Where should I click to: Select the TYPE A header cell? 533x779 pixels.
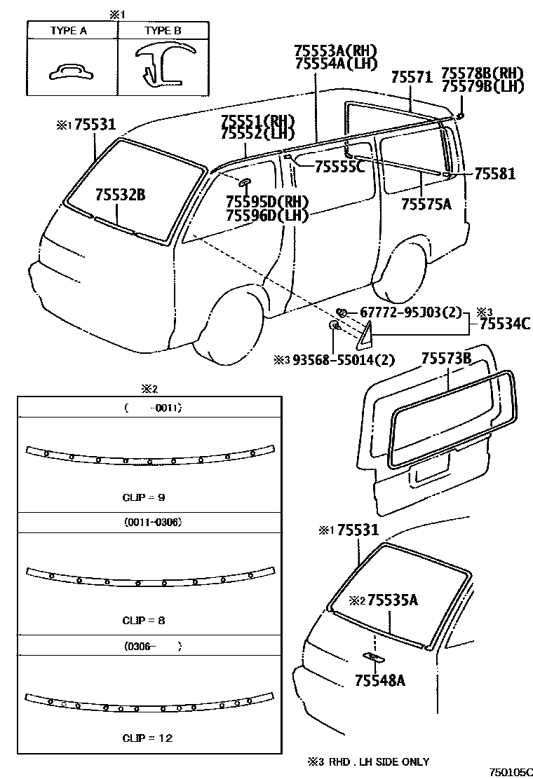tap(72, 32)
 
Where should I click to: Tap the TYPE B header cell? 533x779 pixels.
tap(162, 32)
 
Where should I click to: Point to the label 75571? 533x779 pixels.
tap(411, 77)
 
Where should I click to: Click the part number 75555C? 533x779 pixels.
tap(339, 166)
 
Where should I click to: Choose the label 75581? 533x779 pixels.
tap(494, 173)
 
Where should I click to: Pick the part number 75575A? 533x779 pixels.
tap(426, 204)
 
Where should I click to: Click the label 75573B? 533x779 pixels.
tap(446, 359)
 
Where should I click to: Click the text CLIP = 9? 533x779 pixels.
tap(143, 497)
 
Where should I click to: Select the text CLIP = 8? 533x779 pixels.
tap(143, 620)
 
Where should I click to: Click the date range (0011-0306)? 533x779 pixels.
tap(148, 523)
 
